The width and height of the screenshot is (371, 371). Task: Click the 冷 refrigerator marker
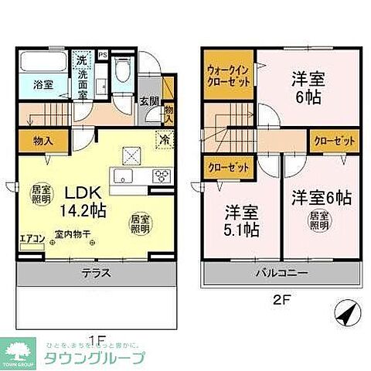[x=164, y=140]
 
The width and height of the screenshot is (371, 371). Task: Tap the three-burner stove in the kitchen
[x=163, y=174]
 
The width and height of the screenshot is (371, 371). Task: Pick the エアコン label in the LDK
[x=32, y=237]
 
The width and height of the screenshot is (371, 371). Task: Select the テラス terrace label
[x=97, y=272]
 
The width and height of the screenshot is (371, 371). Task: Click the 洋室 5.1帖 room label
[x=242, y=220]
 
